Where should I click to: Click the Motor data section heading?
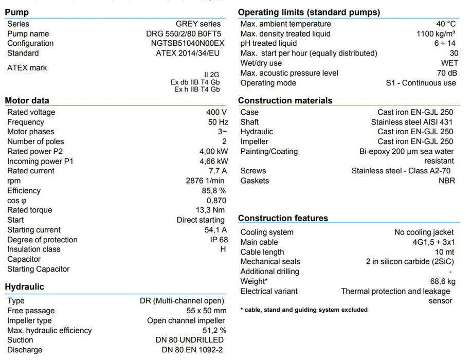pyautogui.click(x=27, y=101)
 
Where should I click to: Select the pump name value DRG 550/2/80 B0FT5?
pyautogui.click(x=183, y=34)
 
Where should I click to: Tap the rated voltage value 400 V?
pyautogui.click(x=216, y=112)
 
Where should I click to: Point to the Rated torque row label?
pyautogui.click(x=29, y=210)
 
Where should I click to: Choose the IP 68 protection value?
pyautogui.click(x=216, y=240)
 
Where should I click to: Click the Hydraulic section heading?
pyautogui.click(x=24, y=287)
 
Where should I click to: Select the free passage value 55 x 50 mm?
pyautogui.click(x=199, y=311)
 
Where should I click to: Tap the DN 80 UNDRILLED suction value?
pyautogui.click(x=189, y=340)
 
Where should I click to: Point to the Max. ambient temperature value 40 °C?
pyautogui.click(x=446, y=24)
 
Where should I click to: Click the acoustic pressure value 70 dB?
pyautogui.click(x=445, y=73)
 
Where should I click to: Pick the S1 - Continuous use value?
pyautogui.click(x=421, y=83)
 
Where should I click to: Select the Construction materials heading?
pyautogui.click(x=285, y=101)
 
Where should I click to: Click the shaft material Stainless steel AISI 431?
pyautogui.click(x=412, y=122)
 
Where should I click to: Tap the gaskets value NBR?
pyautogui.click(x=446, y=181)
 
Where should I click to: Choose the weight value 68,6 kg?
pyautogui.click(x=441, y=281)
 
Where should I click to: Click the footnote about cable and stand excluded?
pyautogui.click(x=304, y=310)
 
